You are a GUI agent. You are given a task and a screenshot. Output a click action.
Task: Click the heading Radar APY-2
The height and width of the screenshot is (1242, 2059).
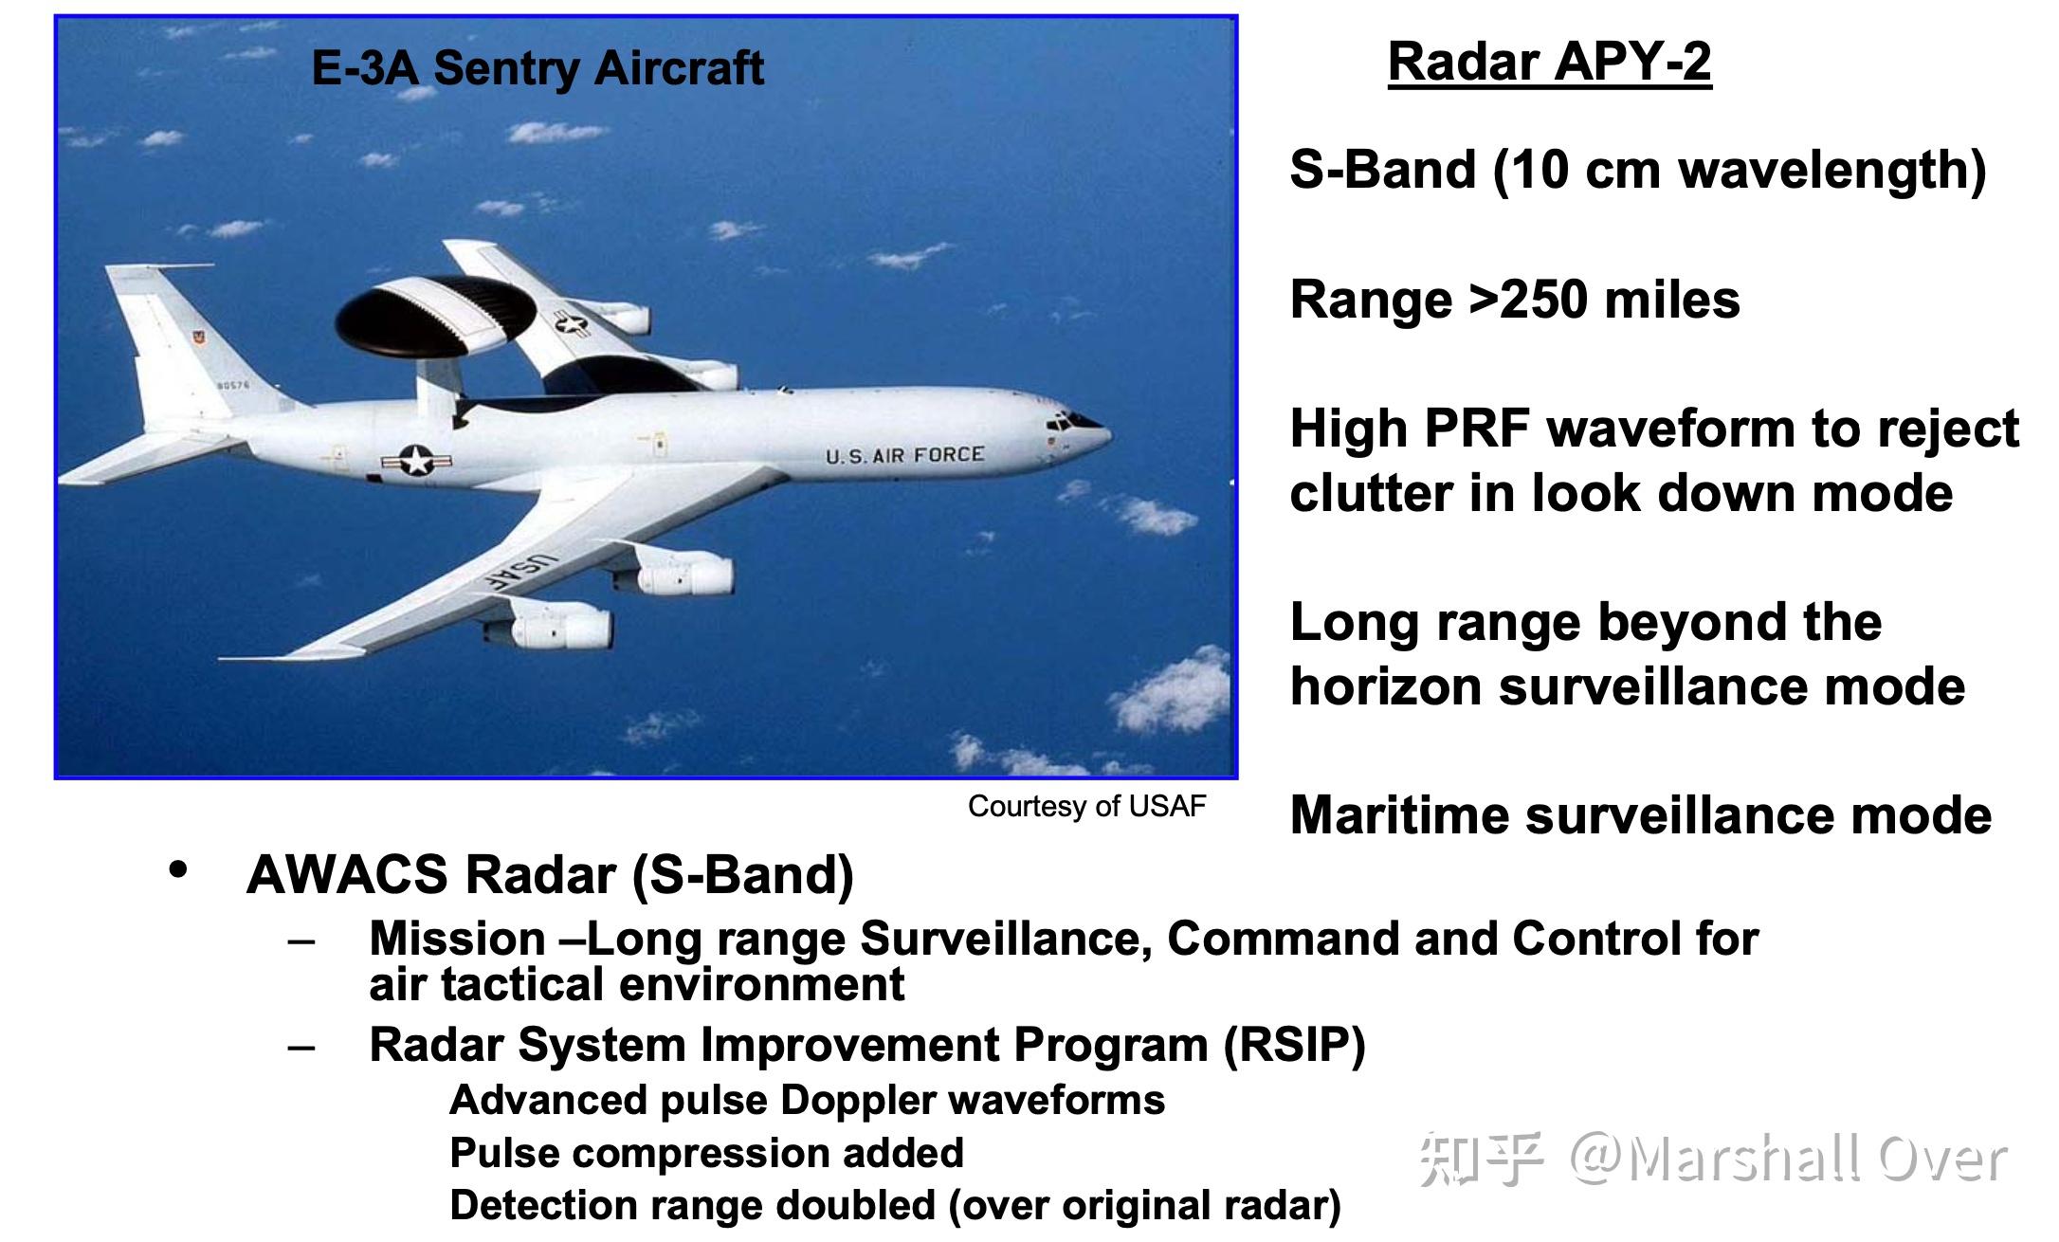click(x=1550, y=63)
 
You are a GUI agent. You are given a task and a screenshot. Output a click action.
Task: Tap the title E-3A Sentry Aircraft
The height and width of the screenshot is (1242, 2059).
click(x=538, y=68)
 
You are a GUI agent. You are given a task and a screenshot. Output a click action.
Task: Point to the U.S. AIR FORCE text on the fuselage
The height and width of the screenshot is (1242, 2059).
click(x=904, y=456)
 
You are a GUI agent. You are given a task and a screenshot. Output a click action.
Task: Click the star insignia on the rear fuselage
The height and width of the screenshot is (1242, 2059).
click(x=416, y=461)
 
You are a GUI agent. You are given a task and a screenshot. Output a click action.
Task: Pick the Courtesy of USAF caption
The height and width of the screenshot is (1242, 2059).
click(x=1086, y=807)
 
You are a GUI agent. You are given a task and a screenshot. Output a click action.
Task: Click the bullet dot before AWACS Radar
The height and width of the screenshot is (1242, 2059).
click(x=177, y=869)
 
